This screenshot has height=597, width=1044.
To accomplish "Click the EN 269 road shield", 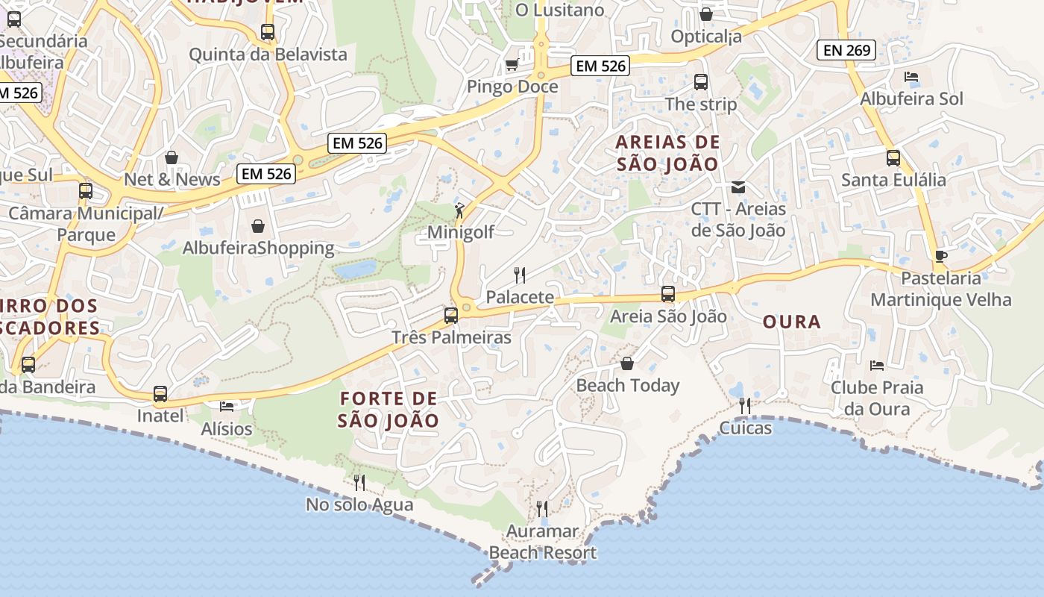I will tap(846, 51).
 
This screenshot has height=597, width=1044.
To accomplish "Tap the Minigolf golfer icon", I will tap(459, 210).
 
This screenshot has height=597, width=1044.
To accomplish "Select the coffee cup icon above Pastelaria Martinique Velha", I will tap(941, 256).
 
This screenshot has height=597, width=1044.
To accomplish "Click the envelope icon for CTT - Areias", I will tap(738, 187).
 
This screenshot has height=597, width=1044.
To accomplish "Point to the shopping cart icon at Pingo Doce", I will tap(512, 65).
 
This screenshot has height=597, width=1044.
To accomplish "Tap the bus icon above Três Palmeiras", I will tap(451, 315).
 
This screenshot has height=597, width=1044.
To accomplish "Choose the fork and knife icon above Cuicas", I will tap(745, 405).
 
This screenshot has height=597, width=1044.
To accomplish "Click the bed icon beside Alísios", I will tap(227, 406).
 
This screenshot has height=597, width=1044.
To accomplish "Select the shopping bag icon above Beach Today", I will tap(627, 363).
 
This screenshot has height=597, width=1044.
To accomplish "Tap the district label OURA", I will tap(792, 322).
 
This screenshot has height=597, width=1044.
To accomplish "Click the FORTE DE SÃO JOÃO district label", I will tap(389, 409).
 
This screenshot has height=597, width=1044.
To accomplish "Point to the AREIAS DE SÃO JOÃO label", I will tap(668, 153).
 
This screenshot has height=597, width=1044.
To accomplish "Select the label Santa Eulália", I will tap(893, 180).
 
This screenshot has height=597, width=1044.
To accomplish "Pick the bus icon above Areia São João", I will tap(668, 294).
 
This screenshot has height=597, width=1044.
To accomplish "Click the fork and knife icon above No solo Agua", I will tap(359, 482).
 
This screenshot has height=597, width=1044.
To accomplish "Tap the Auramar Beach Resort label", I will tap(542, 542).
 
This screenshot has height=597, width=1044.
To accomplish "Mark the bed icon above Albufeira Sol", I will tap(911, 77).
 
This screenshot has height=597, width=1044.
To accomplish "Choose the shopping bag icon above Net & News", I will tap(172, 157).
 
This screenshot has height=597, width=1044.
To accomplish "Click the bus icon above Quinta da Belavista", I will tap(268, 32).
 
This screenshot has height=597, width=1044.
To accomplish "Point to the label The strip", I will tap(700, 104).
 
